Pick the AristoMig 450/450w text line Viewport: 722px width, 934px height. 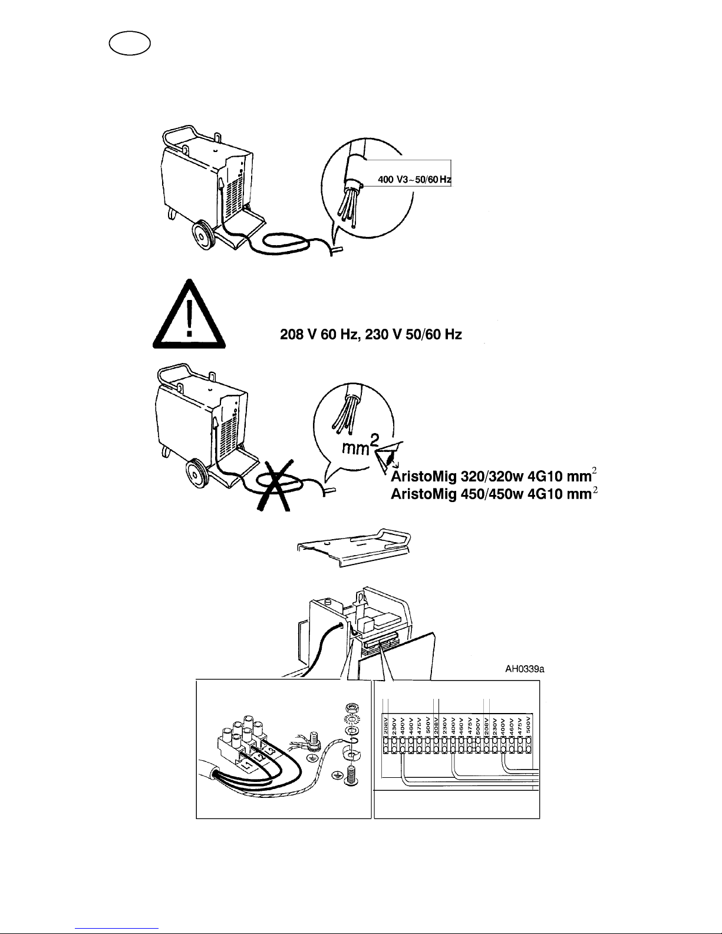(494, 494)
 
